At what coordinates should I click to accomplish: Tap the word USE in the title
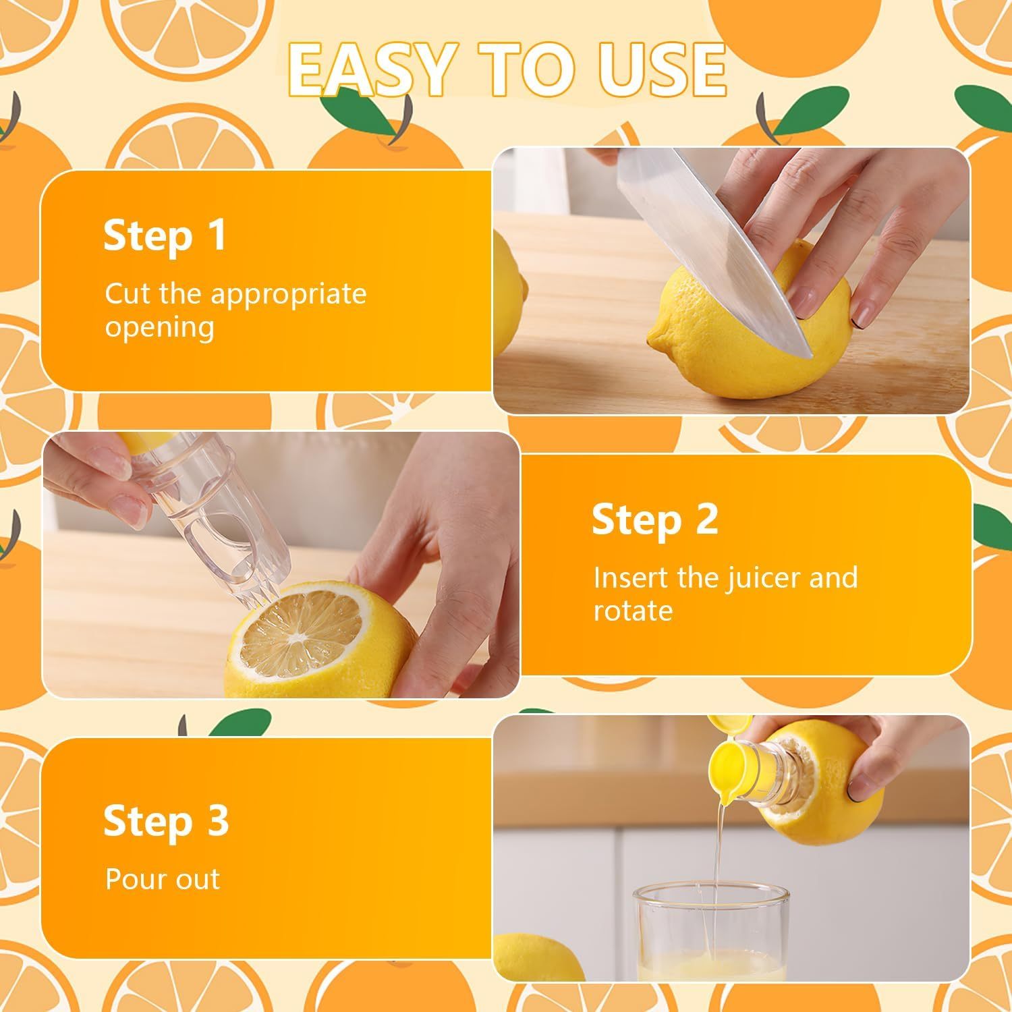pos(654,71)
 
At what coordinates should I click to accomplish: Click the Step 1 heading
pos(165,236)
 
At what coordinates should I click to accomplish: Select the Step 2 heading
pos(654,520)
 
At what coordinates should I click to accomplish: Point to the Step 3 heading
pos(166,821)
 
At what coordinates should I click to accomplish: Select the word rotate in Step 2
pos(633,611)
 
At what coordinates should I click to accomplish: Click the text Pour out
pos(163,879)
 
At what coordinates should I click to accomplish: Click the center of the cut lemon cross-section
pos(297,636)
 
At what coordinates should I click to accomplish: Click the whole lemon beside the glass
pos(533,958)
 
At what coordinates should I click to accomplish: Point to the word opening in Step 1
pos(159,328)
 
